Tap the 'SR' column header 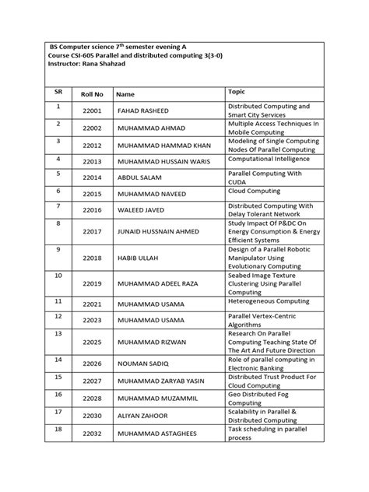pyautogui.click(x=58, y=91)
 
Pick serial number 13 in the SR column pyautogui.click(x=58, y=333)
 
